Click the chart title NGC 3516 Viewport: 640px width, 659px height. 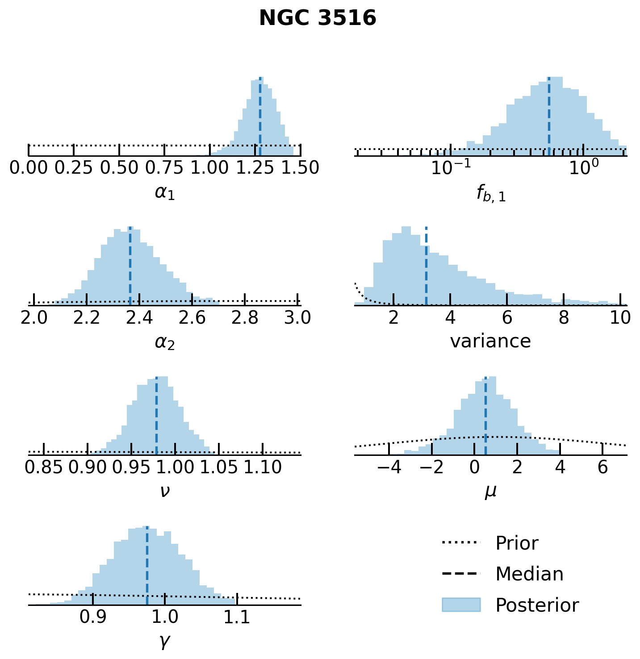[x=318, y=19]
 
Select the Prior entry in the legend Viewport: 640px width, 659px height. [x=517, y=543]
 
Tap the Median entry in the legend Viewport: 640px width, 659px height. [x=529, y=574]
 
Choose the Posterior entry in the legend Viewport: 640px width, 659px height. [x=537, y=605]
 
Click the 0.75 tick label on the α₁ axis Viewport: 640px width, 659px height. [x=164, y=168]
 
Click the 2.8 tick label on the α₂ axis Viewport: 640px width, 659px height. [x=245, y=318]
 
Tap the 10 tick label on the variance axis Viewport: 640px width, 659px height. [x=620, y=318]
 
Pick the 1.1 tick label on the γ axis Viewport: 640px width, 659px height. [x=237, y=617]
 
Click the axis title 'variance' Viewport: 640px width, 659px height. [x=490, y=342]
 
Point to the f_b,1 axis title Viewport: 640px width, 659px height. [x=491, y=194]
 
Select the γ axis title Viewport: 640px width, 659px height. [x=164, y=642]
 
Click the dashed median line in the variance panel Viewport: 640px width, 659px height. [x=426, y=268]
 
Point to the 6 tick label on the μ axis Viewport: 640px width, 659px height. [x=603, y=467]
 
